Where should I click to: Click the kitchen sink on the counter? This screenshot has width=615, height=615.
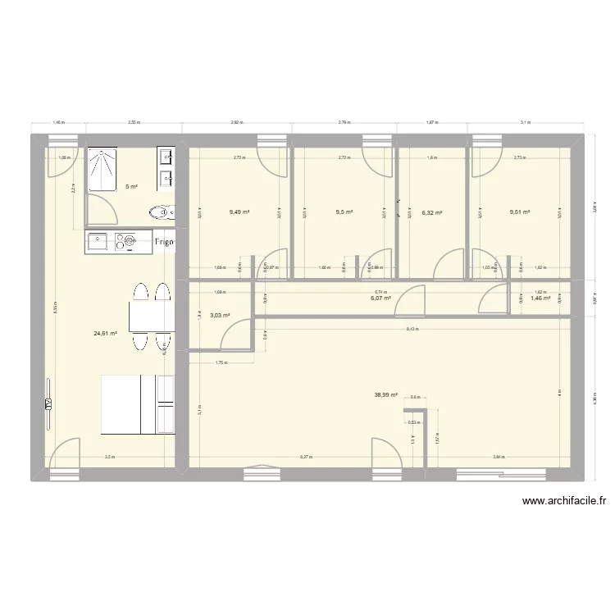point(98,241)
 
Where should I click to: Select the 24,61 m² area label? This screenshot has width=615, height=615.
point(106,334)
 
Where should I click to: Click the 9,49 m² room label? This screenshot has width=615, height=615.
point(239,212)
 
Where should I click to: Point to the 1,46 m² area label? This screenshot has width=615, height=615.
point(540,298)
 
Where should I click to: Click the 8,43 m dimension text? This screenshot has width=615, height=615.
point(411,330)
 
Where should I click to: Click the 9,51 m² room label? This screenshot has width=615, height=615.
point(519,212)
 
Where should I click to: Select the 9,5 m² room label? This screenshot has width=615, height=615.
point(344,212)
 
